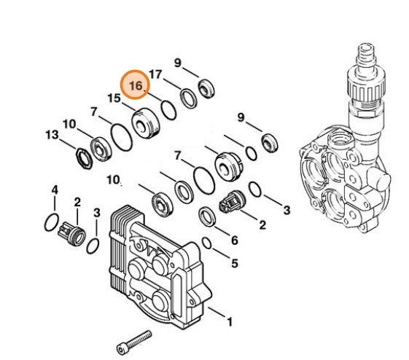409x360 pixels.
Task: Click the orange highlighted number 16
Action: pos(136,86)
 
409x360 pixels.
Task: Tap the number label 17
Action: pos(155,74)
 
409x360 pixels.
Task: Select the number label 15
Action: pos(114,98)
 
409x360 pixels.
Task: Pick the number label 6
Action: pos(233,240)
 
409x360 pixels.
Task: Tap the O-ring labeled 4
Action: pos(51,221)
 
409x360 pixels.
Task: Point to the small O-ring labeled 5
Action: pos(207,243)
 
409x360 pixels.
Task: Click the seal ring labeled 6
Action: pos(207,216)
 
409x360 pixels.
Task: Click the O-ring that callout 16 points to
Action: pos(168,109)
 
